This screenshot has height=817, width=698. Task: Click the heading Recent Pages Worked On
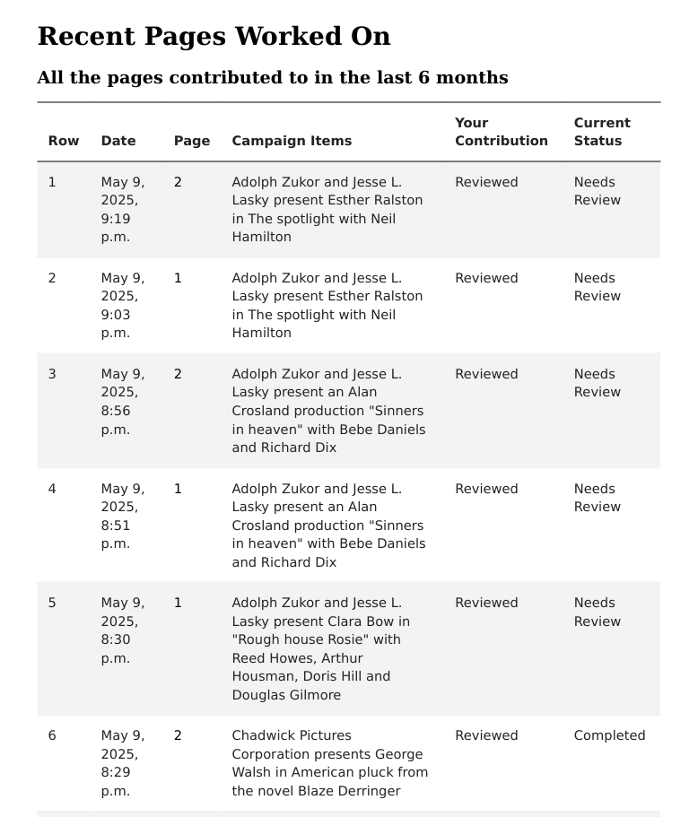point(214,37)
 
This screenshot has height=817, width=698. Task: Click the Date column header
point(118,141)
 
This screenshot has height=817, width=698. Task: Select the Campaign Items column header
point(292,141)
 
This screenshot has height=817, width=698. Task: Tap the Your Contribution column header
point(501,132)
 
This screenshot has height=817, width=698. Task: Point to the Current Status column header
point(602,132)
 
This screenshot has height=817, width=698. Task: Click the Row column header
point(64,141)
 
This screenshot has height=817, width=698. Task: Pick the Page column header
point(192,141)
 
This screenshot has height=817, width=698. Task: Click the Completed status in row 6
point(609,735)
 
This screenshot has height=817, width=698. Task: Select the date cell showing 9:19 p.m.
point(122,209)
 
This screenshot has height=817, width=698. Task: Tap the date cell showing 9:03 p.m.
point(122,305)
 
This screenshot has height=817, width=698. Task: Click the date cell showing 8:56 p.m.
point(122,401)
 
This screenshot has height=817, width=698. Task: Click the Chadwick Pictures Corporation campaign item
point(329,763)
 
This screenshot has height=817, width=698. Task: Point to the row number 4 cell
point(52,489)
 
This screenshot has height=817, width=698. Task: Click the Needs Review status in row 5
point(596,612)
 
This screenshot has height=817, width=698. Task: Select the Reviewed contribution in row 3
point(486,374)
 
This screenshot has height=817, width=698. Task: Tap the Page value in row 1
point(178,182)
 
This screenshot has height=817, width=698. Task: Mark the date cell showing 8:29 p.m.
point(122,763)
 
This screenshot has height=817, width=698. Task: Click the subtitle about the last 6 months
point(272,78)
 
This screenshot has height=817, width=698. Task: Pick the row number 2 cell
point(52,278)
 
